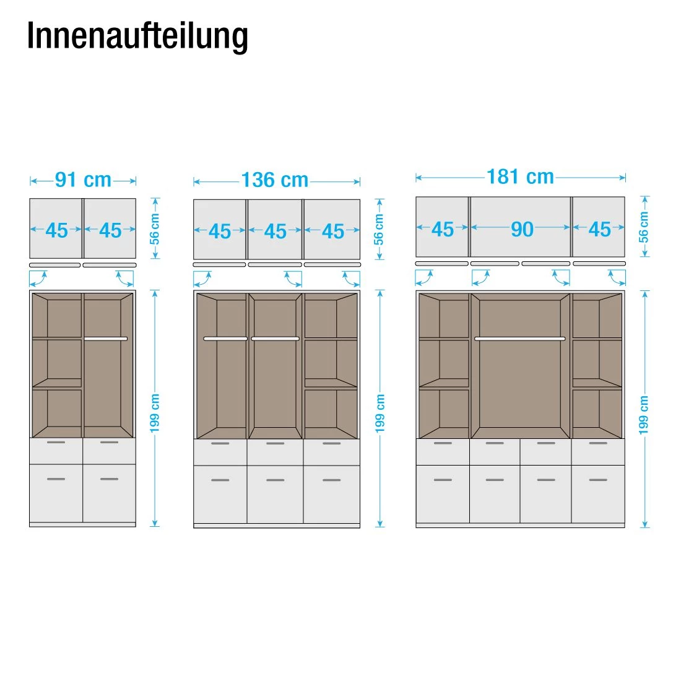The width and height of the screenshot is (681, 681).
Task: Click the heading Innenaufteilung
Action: (x=137, y=37)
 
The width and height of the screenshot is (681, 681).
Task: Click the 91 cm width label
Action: (x=83, y=180)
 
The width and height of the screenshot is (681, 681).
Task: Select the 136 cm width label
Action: (x=275, y=181)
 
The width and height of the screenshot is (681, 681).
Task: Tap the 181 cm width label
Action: (x=520, y=177)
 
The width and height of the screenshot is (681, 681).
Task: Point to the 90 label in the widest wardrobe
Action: (x=522, y=230)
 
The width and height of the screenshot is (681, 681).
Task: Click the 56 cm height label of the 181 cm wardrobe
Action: (x=644, y=227)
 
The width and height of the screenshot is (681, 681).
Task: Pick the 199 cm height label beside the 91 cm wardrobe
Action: (x=155, y=413)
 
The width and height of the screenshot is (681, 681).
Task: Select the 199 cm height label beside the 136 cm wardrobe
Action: (x=380, y=413)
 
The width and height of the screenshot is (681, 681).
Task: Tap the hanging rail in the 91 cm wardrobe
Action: (x=106, y=339)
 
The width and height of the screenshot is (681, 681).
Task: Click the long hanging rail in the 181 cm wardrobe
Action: (x=520, y=339)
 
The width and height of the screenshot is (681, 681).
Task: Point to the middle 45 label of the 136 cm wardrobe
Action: (x=275, y=232)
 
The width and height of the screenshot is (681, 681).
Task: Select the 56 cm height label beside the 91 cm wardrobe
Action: (x=155, y=229)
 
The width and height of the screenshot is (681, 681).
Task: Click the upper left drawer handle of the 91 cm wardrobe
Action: (x=56, y=443)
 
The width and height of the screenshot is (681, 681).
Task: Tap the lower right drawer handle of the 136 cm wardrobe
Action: (x=332, y=480)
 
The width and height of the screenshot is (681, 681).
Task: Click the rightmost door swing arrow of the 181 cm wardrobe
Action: (x=617, y=277)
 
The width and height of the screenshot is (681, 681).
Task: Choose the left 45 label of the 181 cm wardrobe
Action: (x=442, y=230)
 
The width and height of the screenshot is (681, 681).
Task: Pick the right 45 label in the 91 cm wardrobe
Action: (x=110, y=231)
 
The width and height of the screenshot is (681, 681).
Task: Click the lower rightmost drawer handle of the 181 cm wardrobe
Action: (x=598, y=480)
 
